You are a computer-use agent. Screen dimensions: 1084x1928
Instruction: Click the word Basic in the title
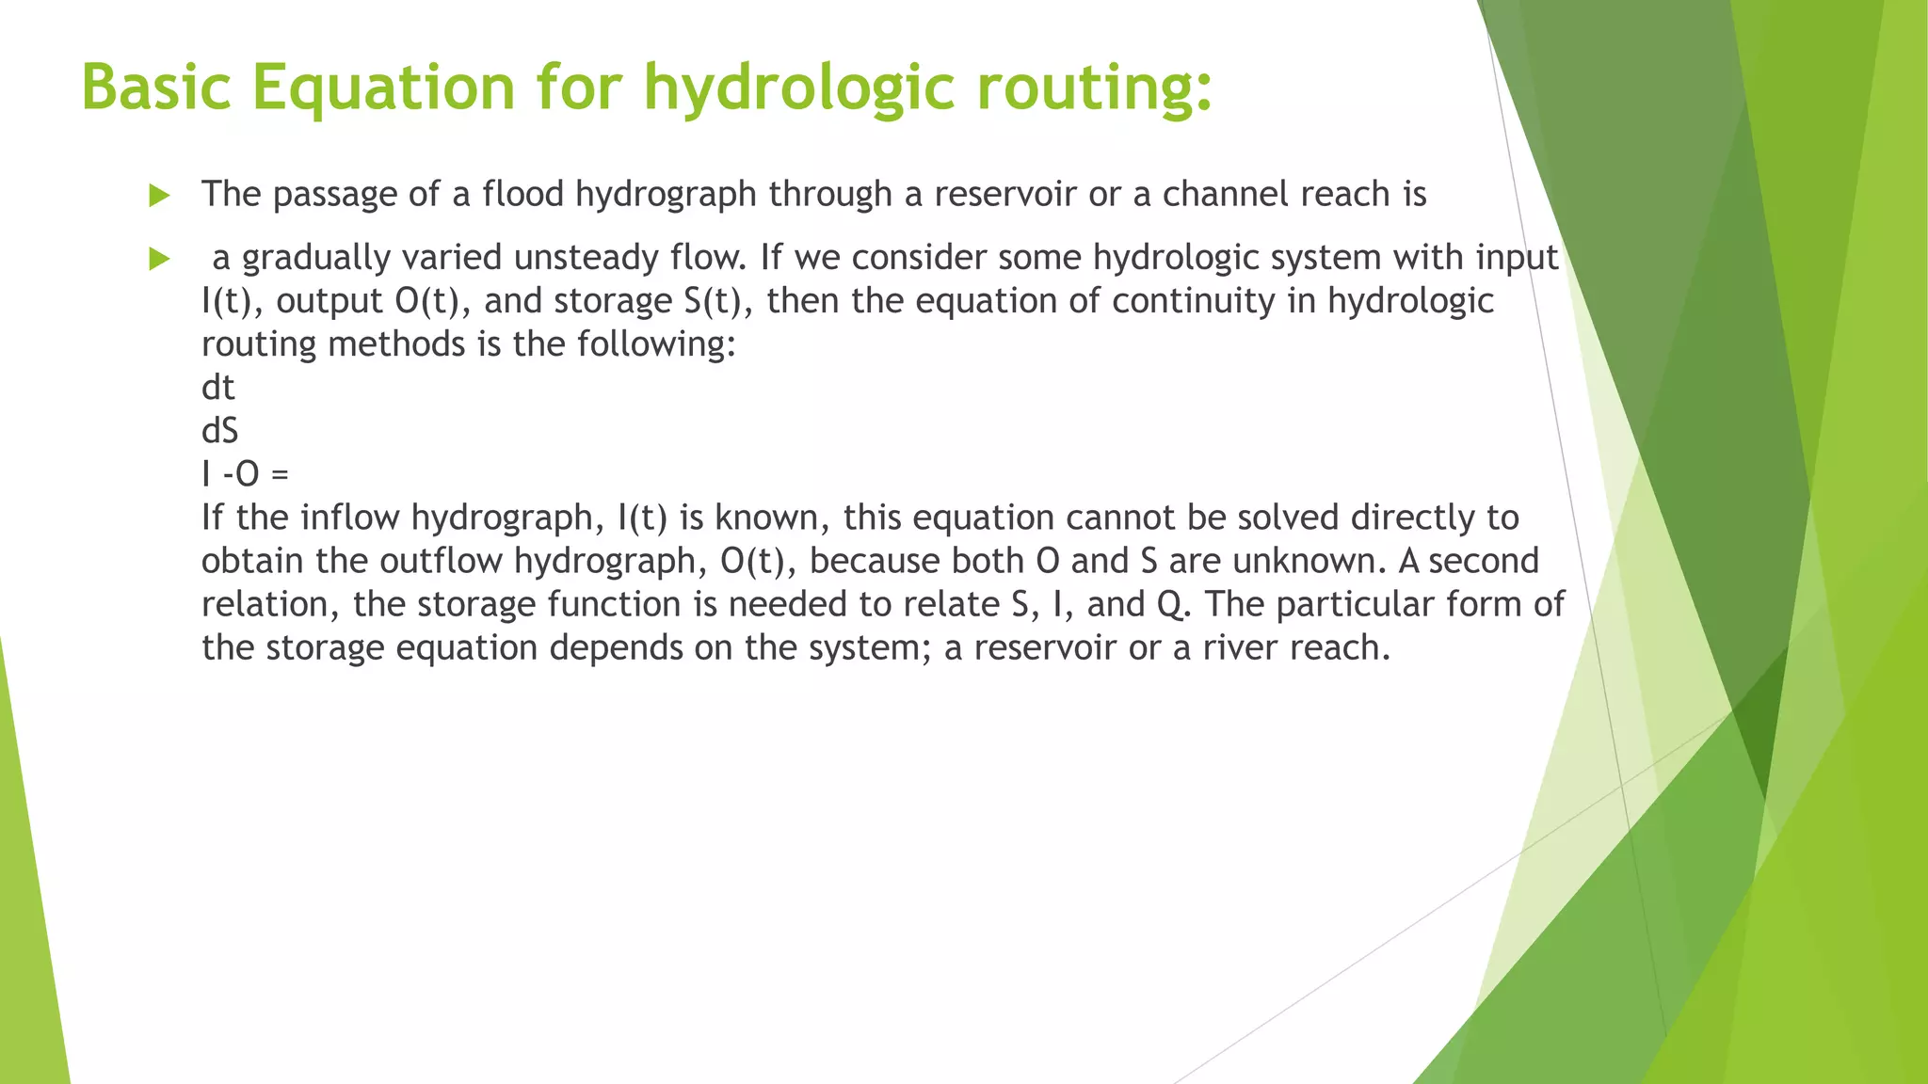click(156, 87)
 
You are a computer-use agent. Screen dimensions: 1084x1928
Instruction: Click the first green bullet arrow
click(159, 196)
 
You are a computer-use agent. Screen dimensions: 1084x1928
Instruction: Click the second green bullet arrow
click(159, 259)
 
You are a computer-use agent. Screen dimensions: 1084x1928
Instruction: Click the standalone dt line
click(217, 388)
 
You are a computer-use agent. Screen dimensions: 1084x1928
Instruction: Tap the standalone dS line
click(219, 431)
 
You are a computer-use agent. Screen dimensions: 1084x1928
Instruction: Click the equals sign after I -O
click(280, 474)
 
